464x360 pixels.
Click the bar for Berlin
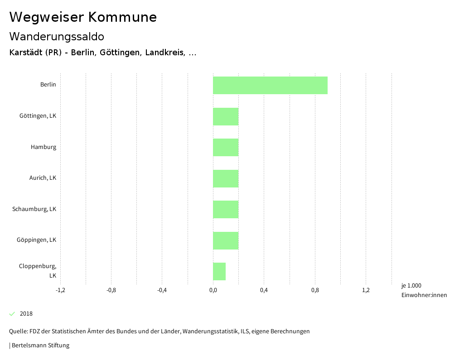pyautogui.click(x=270, y=85)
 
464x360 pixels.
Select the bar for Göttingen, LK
pyautogui.click(x=226, y=116)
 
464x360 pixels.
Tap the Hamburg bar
pyautogui.click(x=226, y=147)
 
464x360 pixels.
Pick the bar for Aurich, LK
pyautogui.click(x=226, y=178)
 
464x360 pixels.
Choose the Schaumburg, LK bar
pyautogui.click(x=226, y=209)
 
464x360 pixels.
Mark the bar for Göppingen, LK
pyautogui.click(x=226, y=240)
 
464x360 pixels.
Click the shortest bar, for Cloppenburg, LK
pyautogui.click(x=219, y=271)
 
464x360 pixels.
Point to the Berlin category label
pyautogui.click(x=48, y=84)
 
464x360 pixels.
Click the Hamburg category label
pyautogui.click(x=43, y=147)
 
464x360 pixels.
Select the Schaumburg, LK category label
pyautogui.click(x=34, y=209)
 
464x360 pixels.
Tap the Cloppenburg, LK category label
pyautogui.click(x=38, y=270)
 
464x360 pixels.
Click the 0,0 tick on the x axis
pyautogui.click(x=213, y=290)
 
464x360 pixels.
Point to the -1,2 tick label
pyautogui.click(x=60, y=290)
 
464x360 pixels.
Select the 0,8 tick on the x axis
pyautogui.click(x=315, y=290)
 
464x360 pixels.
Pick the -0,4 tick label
pyautogui.click(x=162, y=290)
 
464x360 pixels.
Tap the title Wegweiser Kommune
pyautogui.click(x=83, y=17)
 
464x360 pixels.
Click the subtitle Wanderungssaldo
pyautogui.click(x=57, y=36)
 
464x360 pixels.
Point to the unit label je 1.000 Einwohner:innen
pyautogui.click(x=424, y=290)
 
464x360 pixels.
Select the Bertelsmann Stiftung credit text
pyautogui.click(x=40, y=345)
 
